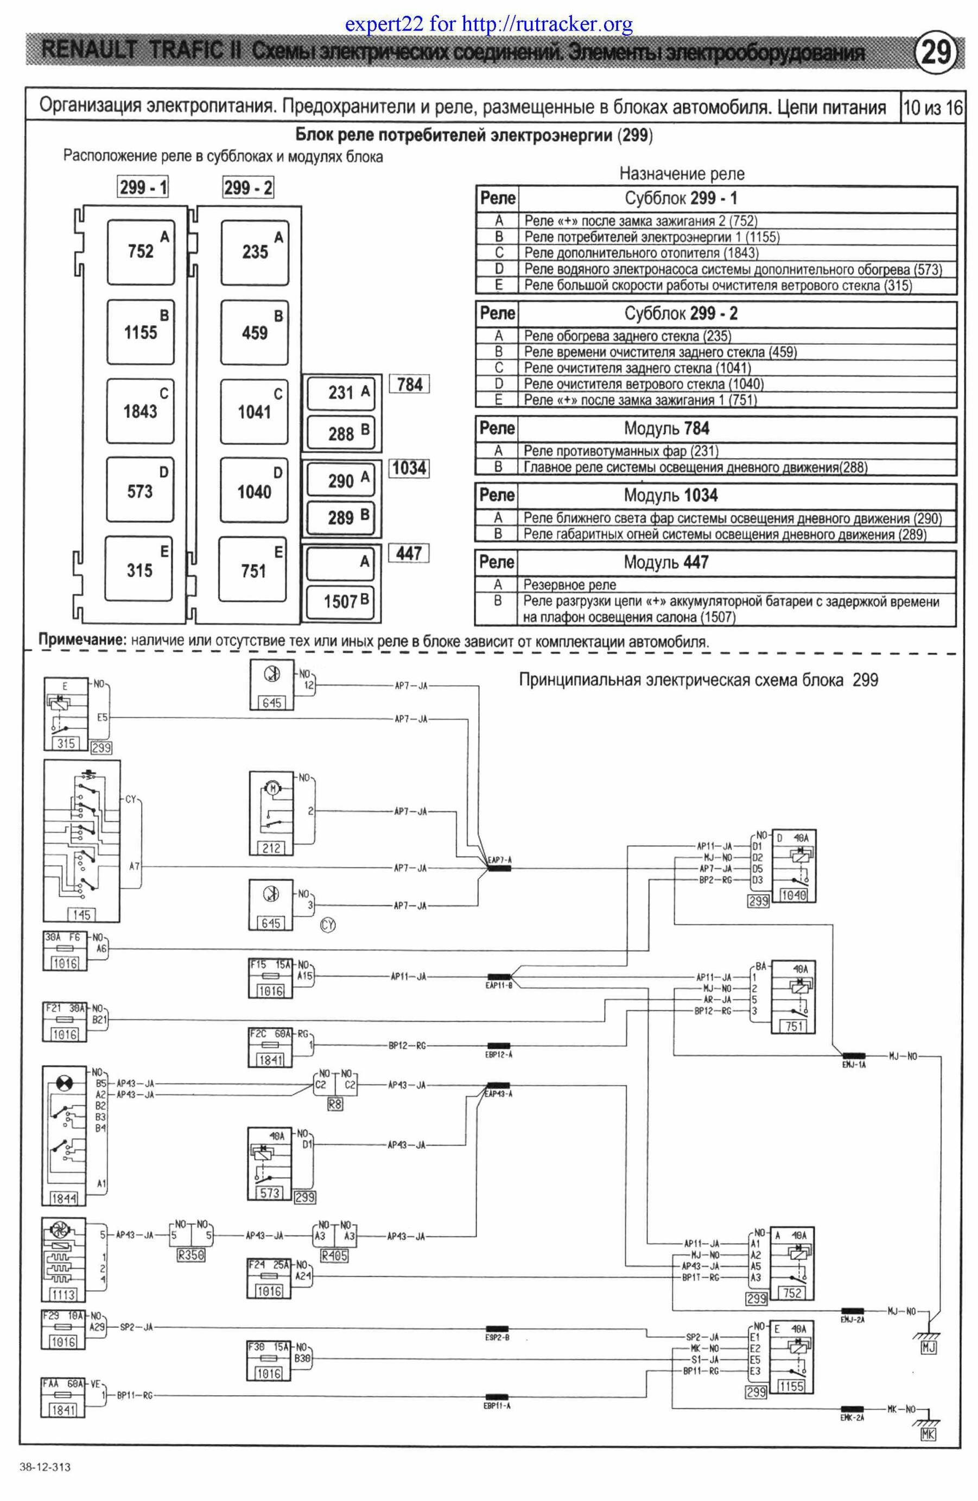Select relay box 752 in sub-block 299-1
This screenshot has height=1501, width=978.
(x=141, y=251)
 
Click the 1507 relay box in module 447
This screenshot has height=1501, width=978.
(x=340, y=601)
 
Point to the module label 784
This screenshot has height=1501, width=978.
(x=409, y=384)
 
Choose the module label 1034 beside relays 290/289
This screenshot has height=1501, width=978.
(x=409, y=468)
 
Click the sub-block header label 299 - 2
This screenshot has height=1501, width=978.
(x=248, y=187)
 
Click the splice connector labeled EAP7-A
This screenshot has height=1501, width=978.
(x=499, y=868)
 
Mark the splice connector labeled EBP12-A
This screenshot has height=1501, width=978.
(x=499, y=1046)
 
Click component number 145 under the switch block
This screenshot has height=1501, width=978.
(x=81, y=915)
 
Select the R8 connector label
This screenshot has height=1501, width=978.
(x=335, y=1104)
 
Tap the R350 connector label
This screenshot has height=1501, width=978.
(x=191, y=1255)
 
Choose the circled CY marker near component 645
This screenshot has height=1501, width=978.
(x=328, y=924)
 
